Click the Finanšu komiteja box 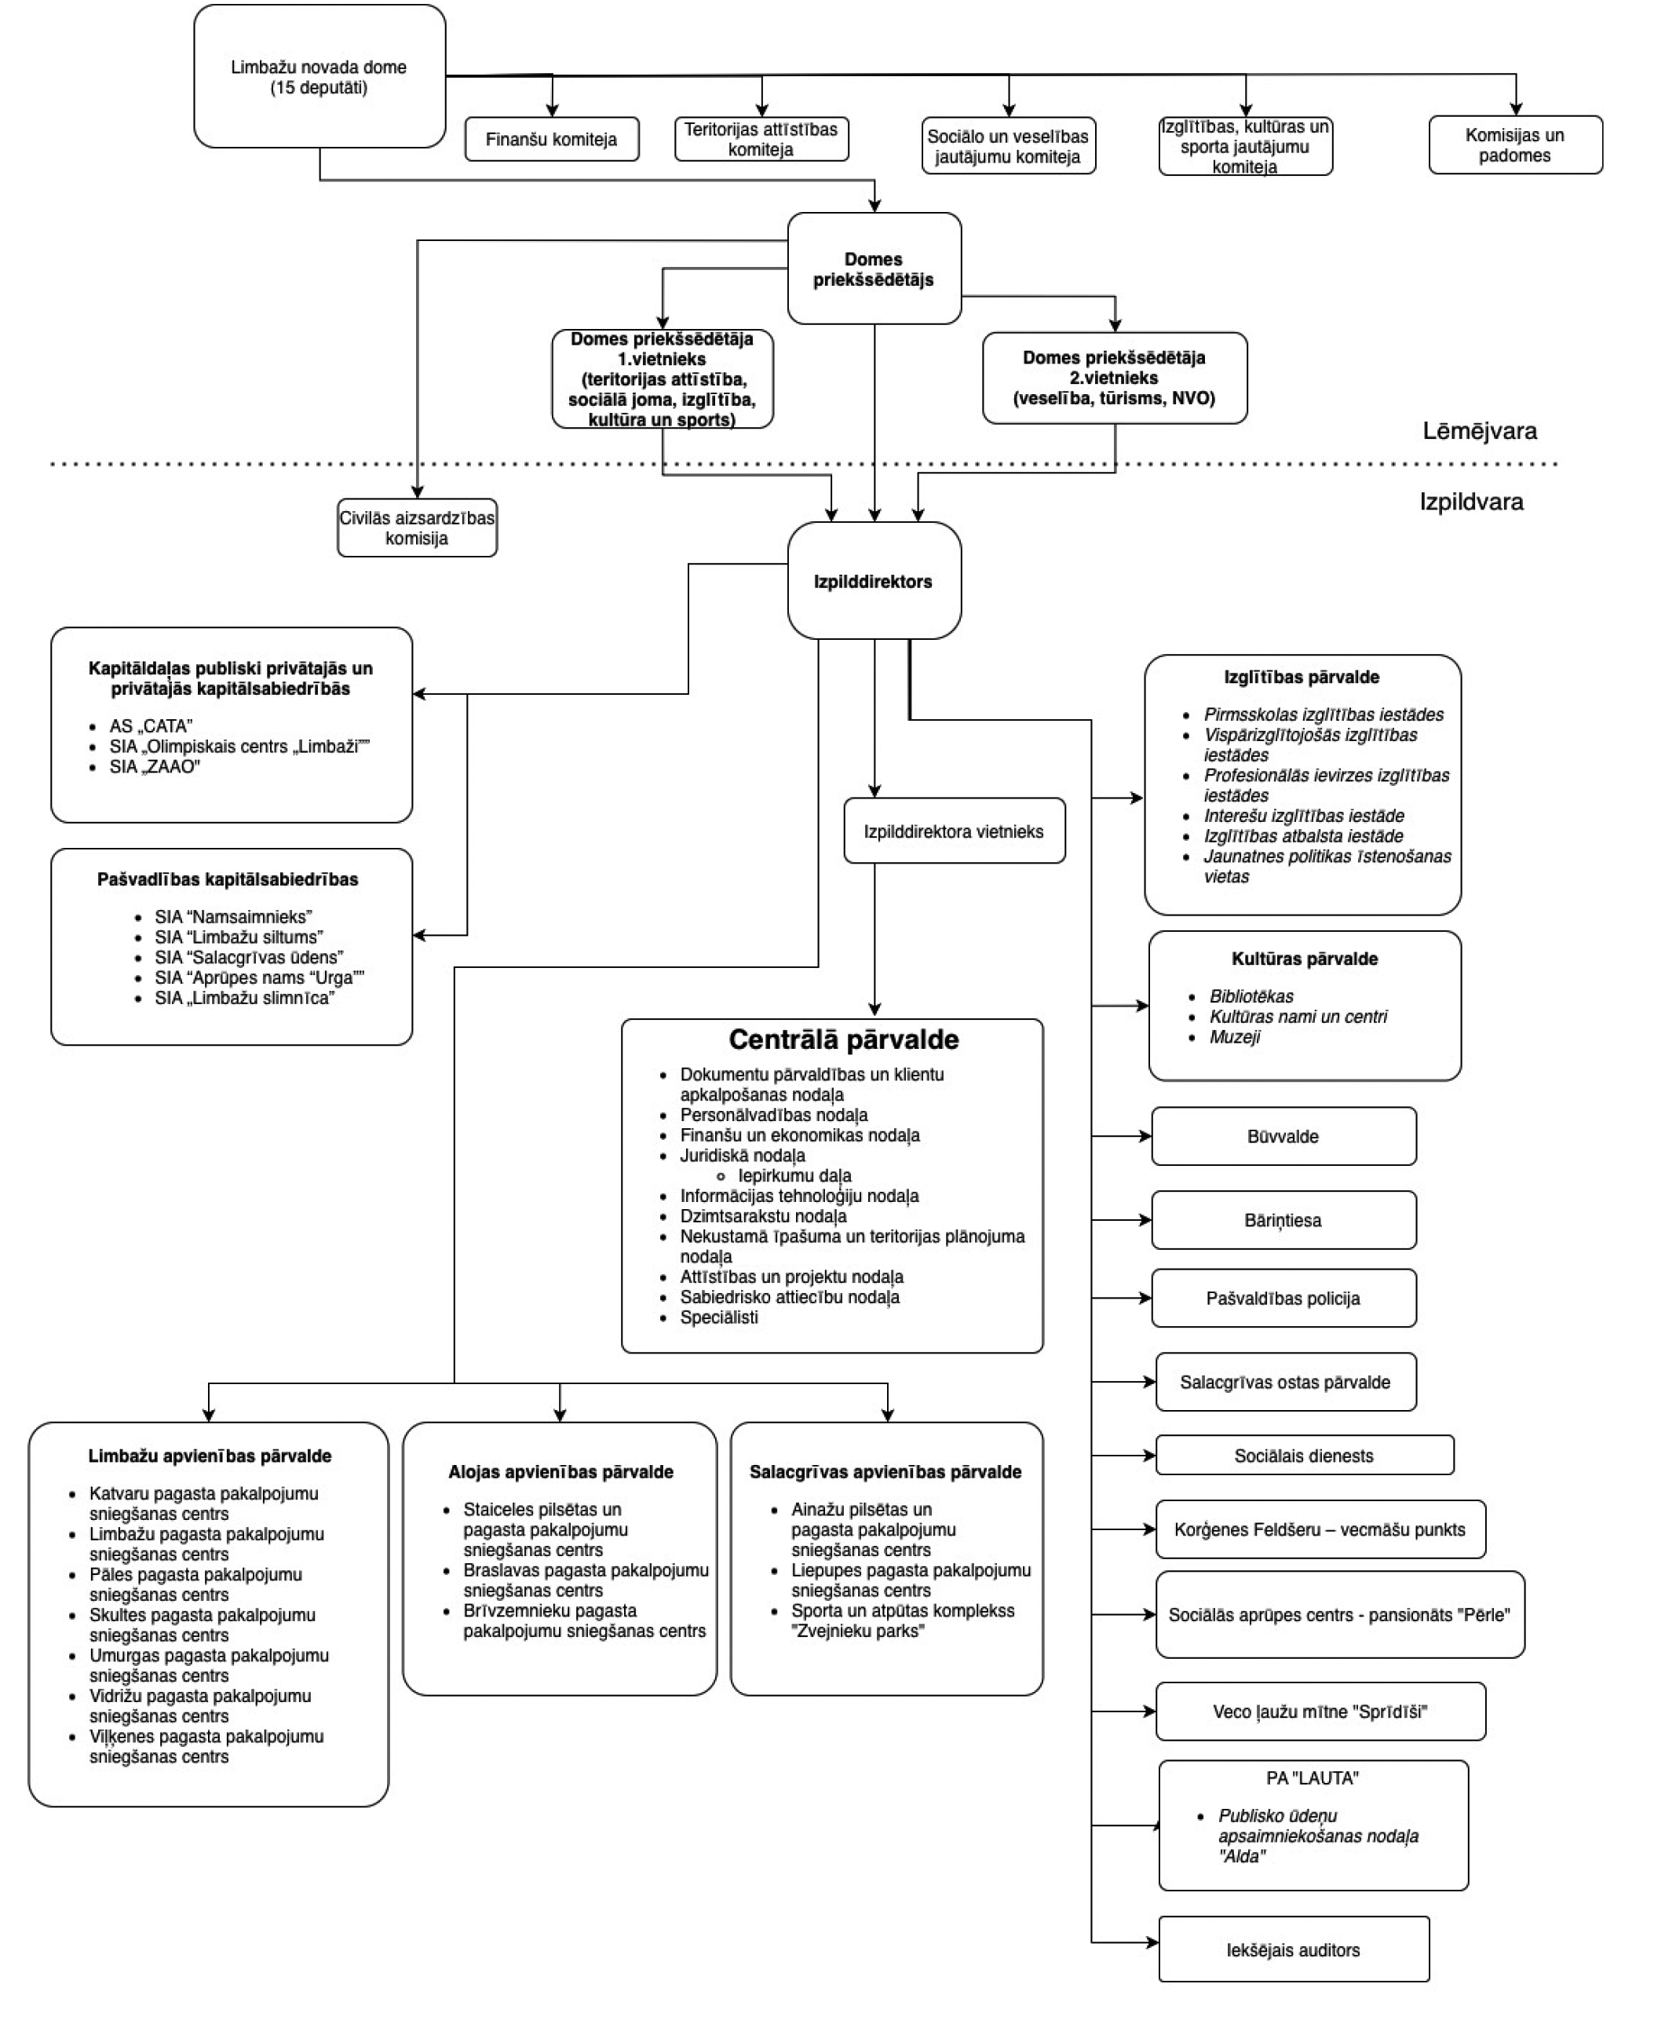point(552,139)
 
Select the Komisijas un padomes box point(1514,144)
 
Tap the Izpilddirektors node point(873,581)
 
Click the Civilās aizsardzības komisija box point(416,528)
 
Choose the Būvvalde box point(1283,1137)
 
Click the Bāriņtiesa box point(1283,1220)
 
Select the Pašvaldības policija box point(1283,1298)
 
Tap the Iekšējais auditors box point(1293,1950)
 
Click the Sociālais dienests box point(1303,1455)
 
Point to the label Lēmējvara point(1479,432)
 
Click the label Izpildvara point(1471,502)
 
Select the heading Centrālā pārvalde point(843,1039)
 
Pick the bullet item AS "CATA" point(151,726)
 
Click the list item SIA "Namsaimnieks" point(233,916)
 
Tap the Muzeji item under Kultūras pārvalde point(1234,1037)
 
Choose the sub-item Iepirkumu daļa point(794,1175)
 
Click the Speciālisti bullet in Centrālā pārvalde point(718,1317)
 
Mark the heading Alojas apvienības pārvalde point(560,1471)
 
